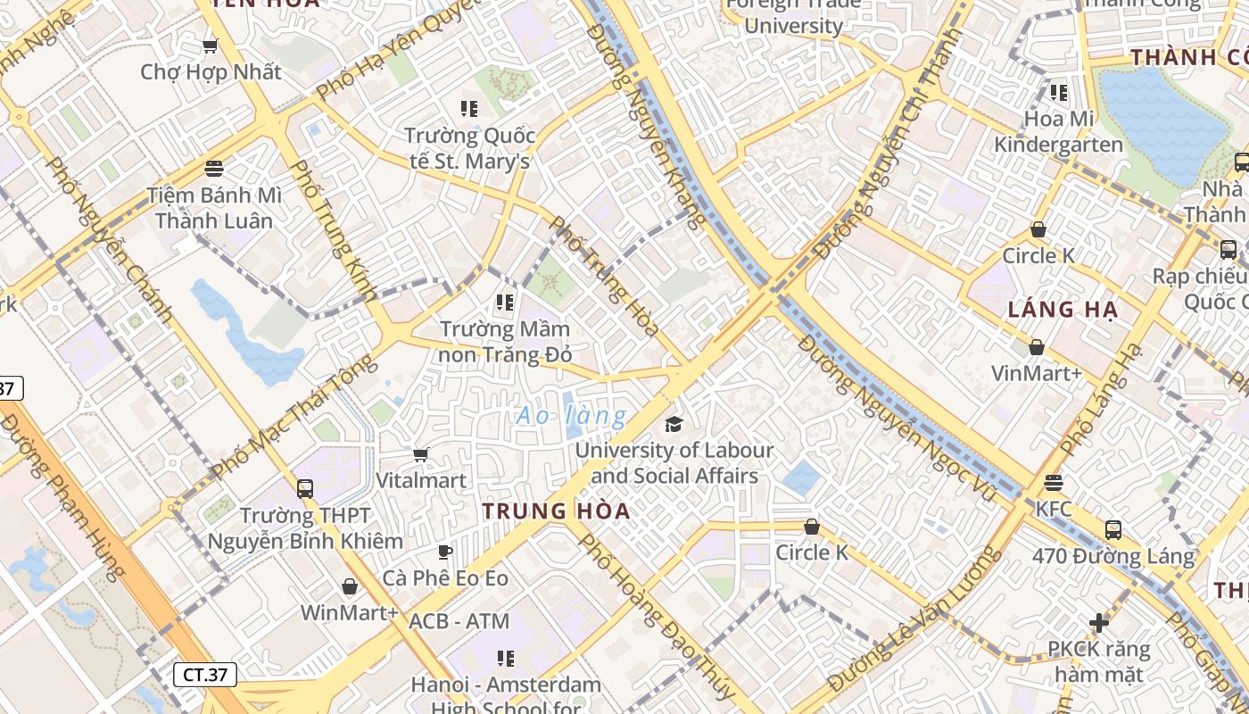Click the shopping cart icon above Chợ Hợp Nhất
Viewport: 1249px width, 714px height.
click(x=211, y=46)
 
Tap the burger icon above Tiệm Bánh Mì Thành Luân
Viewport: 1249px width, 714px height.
click(x=213, y=168)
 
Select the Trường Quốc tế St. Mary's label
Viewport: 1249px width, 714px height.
click(x=469, y=148)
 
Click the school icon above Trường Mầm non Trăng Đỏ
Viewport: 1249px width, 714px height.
click(x=505, y=303)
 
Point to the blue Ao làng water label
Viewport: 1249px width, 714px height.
click(x=572, y=416)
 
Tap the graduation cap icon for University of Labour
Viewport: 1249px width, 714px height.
click(x=674, y=423)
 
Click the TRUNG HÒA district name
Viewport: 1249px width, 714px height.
click(x=556, y=511)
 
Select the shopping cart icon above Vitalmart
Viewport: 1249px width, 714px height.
click(x=421, y=455)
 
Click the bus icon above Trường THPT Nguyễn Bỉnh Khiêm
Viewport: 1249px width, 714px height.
click(x=305, y=488)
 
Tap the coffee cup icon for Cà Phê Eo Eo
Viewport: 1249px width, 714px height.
click(x=445, y=552)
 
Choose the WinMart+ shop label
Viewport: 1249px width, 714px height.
click(x=350, y=613)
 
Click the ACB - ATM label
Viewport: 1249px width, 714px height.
click(x=459, y=621)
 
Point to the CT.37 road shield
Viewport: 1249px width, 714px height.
click(x=205, y=675)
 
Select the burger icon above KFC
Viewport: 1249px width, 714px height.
click(x=1054, y=483)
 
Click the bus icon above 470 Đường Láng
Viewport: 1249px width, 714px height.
click(x=1113, y=529)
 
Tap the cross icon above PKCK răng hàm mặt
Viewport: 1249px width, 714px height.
click(x=1099, y=622)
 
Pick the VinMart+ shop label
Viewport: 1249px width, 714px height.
click(x=1037, y=372)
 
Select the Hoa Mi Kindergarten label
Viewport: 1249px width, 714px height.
click(x=1058, y=131)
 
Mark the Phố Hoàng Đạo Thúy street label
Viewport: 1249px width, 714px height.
click(x=657, y=617)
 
